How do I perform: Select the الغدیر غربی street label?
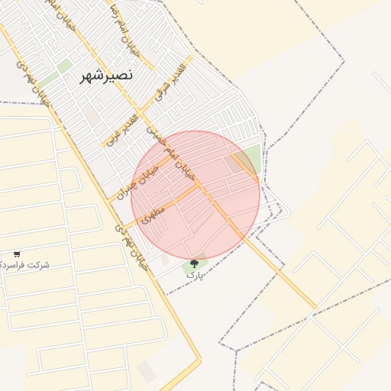123,130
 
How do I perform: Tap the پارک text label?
195,274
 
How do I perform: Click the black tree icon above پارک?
192,263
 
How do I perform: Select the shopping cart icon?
17,254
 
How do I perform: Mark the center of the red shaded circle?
195,195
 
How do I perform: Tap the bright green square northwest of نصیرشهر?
64,66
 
